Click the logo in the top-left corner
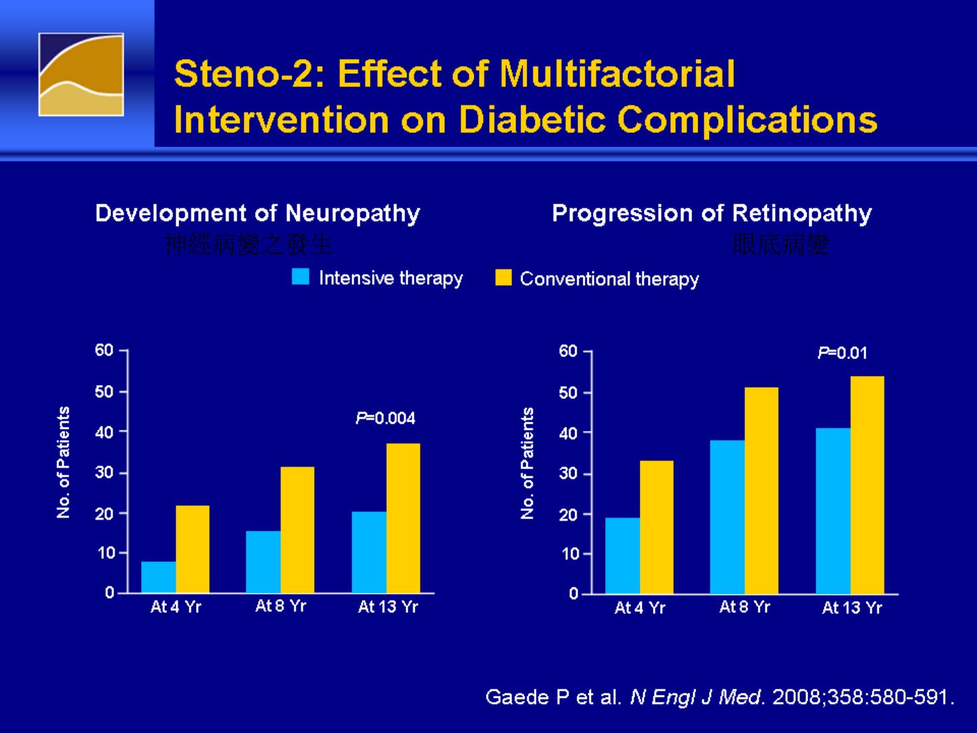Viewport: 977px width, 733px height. [x=81, y=75]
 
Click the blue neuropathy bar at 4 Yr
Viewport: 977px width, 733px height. [x=159, y=577]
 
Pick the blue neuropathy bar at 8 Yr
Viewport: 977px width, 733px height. [x=263, y=561]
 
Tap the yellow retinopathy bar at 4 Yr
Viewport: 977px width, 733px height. [x=656, y=527]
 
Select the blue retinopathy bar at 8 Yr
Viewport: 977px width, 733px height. [x=727, y=516]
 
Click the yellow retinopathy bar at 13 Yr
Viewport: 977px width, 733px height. [x=867, y=485]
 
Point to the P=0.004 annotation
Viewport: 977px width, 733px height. [x=385, y=418]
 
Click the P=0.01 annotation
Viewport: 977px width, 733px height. [x=842, y=353]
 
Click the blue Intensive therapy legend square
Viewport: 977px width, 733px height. [x=301, y=277]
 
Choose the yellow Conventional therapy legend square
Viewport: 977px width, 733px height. [x=503, y=278]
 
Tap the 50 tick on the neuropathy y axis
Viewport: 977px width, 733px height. [x=104, y=392]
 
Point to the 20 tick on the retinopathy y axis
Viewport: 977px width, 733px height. [x=569, y=514]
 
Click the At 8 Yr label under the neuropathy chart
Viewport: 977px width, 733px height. [x=280, y=606]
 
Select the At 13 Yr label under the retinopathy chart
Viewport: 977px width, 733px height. [x=851, y=607]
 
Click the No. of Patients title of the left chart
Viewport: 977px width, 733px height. [x=64, y=462]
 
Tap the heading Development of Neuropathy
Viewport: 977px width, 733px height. [x=258, y=213]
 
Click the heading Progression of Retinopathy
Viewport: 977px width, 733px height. [x=712, y=213]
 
